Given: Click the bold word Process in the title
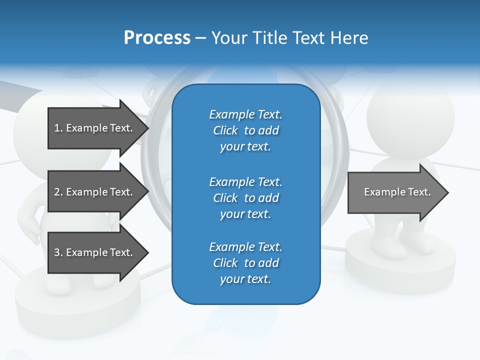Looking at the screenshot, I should click(157, 38).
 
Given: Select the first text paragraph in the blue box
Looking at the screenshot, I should click(245, 130).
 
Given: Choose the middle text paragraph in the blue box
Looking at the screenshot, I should click(245, 198).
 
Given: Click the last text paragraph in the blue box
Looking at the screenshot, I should click(245, 263).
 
